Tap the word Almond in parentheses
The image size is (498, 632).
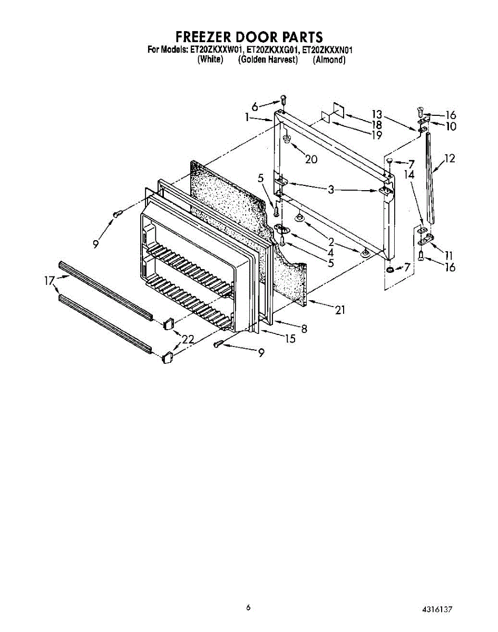[329, 60]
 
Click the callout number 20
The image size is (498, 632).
[311, 159]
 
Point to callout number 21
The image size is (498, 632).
[340, 310]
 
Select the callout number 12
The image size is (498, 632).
[449, 159]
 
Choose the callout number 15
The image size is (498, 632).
[290, 339]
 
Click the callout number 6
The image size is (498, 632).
[256, 107]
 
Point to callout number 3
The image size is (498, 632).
[330, 190]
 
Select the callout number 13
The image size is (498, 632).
[376, 114]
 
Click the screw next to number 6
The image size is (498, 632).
[284, 98]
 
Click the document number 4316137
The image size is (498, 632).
[437, 609]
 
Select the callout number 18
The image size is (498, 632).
[376, 125]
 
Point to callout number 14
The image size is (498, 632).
[410, 174]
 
